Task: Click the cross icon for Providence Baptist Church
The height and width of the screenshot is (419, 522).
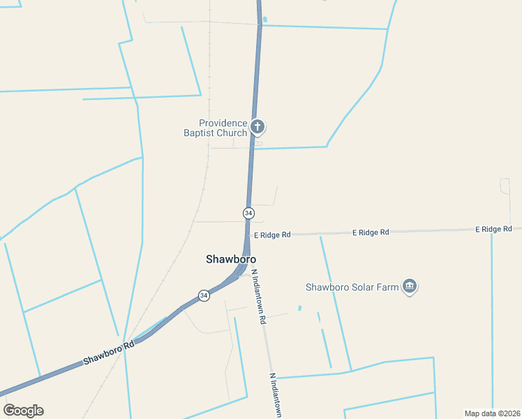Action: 258,126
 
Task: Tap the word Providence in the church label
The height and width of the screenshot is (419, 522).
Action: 223,123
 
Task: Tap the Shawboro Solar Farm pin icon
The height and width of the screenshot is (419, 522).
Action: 410,286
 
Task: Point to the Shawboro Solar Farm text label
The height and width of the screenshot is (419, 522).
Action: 352,287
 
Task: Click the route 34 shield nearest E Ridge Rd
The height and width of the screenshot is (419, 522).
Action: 248,212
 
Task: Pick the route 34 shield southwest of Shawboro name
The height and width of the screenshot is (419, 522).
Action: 203,295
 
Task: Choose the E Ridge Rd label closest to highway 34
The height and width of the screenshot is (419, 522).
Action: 272,235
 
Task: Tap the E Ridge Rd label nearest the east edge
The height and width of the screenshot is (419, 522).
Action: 494,229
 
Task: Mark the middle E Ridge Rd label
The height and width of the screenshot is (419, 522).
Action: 371,232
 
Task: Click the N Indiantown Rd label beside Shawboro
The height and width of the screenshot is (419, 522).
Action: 259,297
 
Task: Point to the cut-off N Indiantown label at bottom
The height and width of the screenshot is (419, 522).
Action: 276,395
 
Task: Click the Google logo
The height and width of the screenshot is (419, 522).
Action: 23,411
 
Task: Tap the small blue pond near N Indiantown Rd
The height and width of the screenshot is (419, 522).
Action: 299,308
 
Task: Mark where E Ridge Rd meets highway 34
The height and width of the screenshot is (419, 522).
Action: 247,235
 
